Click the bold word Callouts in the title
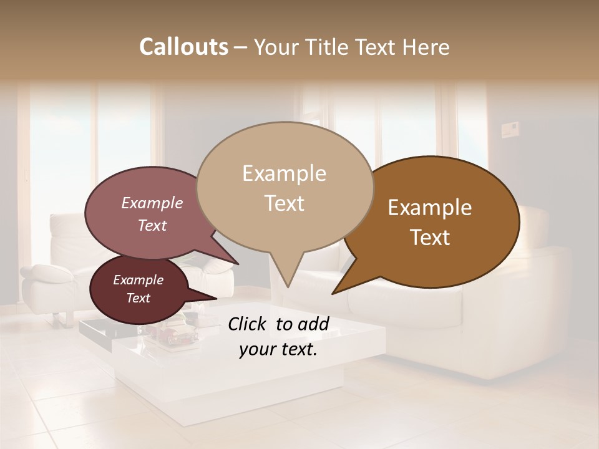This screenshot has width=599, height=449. pos(183,47)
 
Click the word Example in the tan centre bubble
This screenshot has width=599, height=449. pos(284,173)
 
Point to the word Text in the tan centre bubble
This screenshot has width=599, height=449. pos(284,203)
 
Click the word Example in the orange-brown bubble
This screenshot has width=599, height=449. pos(430,208)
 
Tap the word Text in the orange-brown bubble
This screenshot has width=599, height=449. pos(430,238)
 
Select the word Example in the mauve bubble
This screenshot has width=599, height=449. pos(152,203)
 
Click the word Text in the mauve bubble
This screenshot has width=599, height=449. pos(152,225)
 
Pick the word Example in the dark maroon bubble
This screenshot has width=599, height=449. pos(138,280)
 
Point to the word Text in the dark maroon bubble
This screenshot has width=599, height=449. pos(138,298)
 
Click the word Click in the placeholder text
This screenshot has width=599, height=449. pos(248,324)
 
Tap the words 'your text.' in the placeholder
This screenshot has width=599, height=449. pos(278,349)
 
